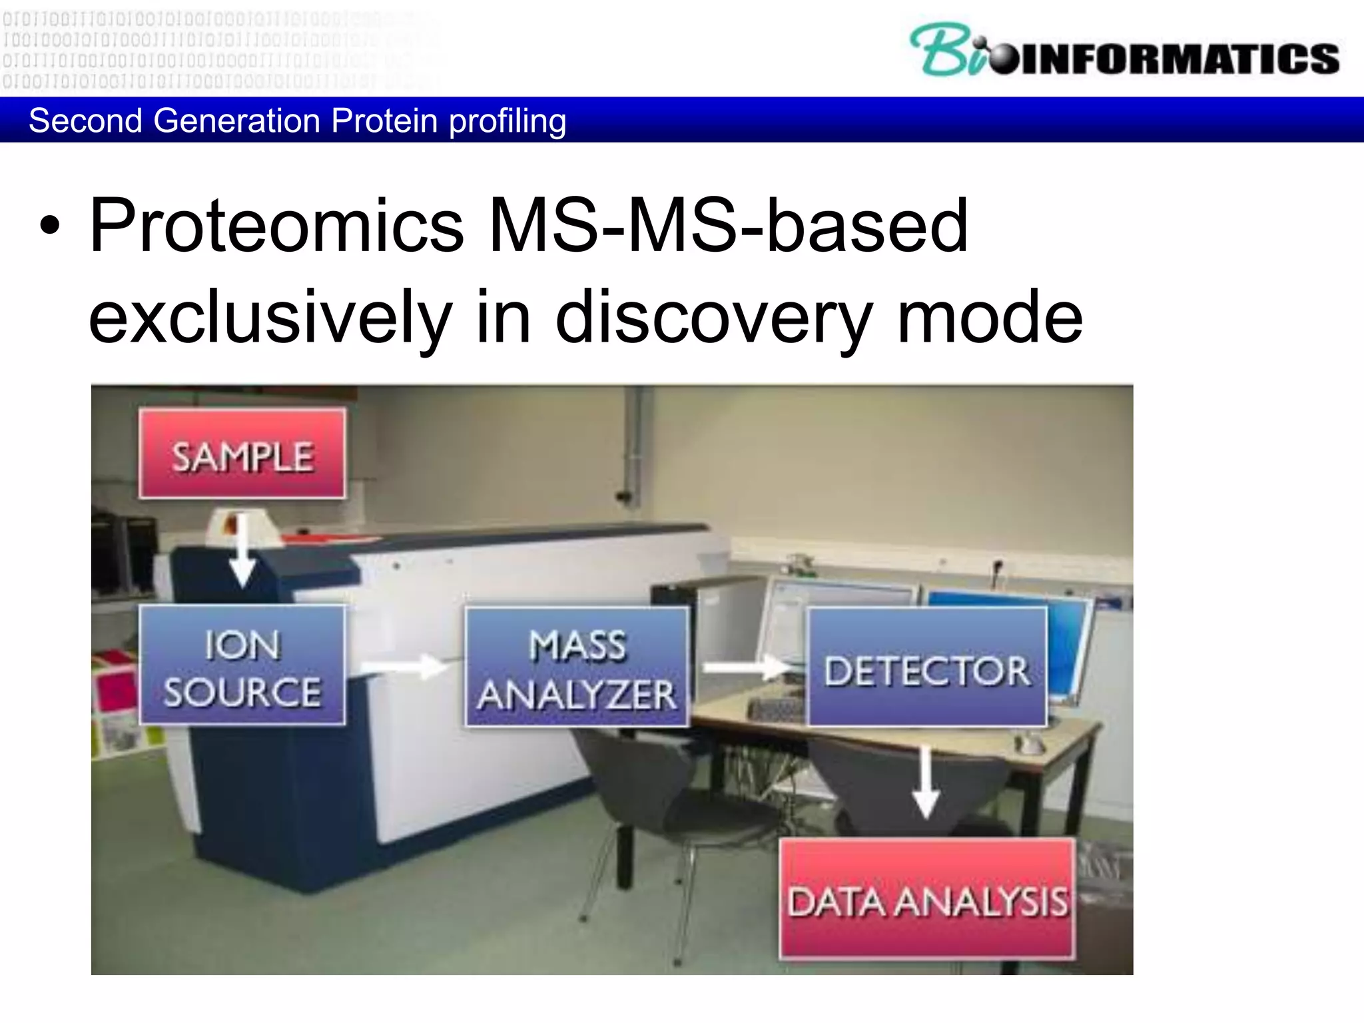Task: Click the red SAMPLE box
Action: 242,454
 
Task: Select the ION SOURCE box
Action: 242,665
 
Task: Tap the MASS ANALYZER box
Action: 577,667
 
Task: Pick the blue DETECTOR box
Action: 926,667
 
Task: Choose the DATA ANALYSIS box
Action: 927,899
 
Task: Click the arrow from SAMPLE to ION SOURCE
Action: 242,550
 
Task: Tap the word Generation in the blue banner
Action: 237,121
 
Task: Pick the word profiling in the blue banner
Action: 508,121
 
